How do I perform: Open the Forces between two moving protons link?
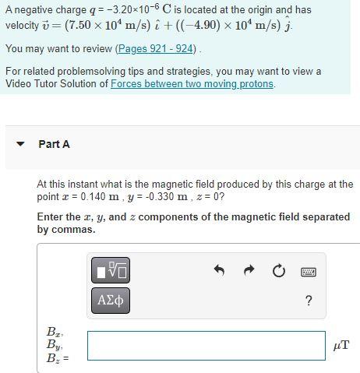click(192, 83)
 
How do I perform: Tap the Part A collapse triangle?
click(21, 144)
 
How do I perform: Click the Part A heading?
click(54, 144)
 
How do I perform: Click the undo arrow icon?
click(219, 270)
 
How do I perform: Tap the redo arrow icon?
click(249, 270)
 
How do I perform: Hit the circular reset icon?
click(278, 270)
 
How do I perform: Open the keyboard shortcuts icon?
click(309, 271)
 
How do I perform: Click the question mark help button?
click(309, 301)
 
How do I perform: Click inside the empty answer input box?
click(206, 346)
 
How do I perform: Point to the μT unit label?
click(341, 346)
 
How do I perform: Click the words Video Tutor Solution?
click(55, 83)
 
